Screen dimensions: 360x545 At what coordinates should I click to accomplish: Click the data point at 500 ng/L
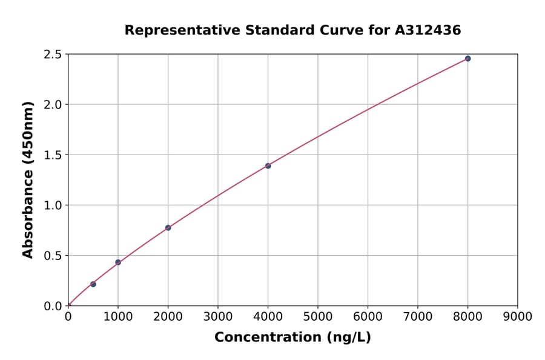(x=93, y=284)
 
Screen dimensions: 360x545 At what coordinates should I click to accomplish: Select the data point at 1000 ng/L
(x=118, y=262)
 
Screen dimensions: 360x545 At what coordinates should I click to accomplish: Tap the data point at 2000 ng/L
(x=168, y=228)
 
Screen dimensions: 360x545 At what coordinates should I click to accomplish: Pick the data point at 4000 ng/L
(x=268, y=165)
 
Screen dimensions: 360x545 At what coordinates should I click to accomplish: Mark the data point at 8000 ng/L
(x=467, y=59)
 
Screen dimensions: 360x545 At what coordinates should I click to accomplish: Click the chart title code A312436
(x=428, y=30)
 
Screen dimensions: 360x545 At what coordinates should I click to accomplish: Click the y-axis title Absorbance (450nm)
(x=28, y=180)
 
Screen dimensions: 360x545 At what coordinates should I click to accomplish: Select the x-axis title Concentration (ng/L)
(x=292, y=338)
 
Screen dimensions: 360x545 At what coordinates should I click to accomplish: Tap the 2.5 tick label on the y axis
(x=53, y=55)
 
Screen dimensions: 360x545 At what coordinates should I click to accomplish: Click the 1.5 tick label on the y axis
(x=53, y=155)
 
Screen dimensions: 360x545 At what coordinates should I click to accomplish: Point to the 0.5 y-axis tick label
(x=53, y=256)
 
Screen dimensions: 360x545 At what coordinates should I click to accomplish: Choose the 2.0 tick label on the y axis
(x=53, y=105)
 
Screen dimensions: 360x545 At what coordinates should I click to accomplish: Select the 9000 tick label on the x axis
(x=517, y=316)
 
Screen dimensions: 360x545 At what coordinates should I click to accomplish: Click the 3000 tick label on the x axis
(x=218, y=316)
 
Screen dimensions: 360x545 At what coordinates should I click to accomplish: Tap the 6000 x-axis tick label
(x=368, y=316)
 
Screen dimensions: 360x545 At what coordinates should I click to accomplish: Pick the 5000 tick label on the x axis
(x=318, y=316)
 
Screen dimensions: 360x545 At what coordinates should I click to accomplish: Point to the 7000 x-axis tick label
(x=418, y=316)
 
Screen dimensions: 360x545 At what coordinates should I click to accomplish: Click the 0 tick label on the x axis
(x=68, y=316)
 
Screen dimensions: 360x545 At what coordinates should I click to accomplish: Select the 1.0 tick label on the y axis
(x=53, y=205)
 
